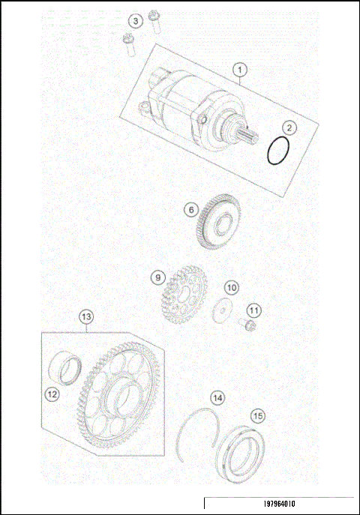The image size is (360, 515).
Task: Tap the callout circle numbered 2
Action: point(288,129)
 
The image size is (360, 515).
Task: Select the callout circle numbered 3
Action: point(134,20)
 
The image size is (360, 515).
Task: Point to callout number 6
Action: point(192,211)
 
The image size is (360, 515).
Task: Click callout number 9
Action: point(158,277)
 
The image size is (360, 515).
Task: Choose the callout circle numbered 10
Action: point(232,287)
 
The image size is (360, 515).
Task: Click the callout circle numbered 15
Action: point(257,415)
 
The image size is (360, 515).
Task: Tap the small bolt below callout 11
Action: point(244,325)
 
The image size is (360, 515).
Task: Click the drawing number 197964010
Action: point(280,505)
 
